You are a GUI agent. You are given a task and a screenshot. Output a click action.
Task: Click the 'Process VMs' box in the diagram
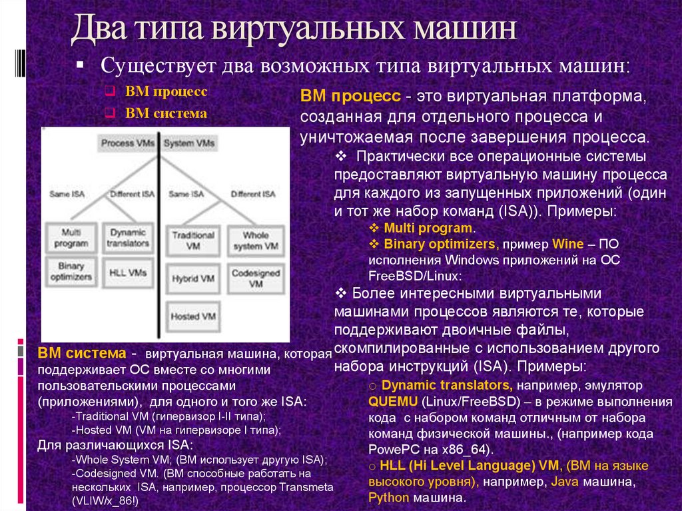128,143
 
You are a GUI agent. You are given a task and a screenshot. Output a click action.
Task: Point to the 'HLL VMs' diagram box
128,272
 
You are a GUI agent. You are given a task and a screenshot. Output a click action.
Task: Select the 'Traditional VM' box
192,240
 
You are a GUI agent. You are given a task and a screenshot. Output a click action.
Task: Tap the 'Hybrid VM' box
192,277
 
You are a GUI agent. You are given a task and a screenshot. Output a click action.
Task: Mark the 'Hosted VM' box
192,314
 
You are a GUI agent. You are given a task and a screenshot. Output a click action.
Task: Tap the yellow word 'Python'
389,497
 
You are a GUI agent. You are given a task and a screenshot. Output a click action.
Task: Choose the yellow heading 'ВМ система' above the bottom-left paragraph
81,352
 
